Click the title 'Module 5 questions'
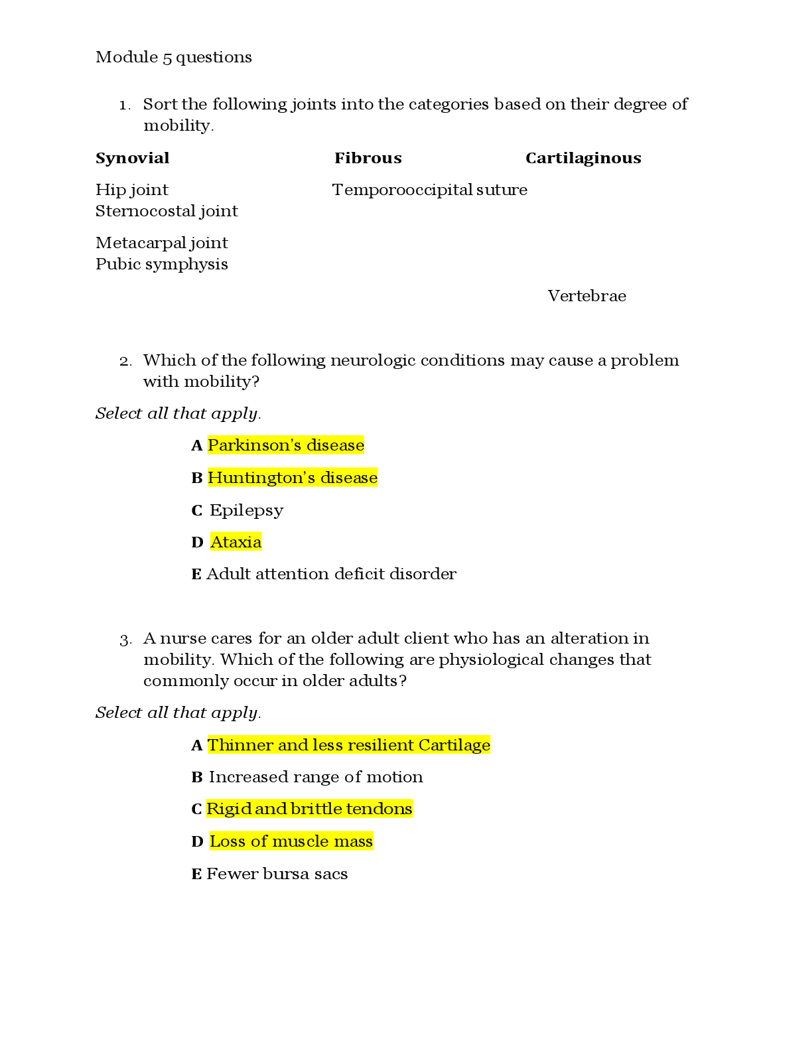174,58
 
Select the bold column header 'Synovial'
133,158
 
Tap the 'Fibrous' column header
368,158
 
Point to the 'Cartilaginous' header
583,158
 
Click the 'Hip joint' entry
132,190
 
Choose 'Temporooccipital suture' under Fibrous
430,190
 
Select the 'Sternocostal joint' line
167,212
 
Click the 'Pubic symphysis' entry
161,265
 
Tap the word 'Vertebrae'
586,296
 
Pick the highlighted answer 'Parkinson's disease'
286,445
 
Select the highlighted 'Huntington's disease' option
293,478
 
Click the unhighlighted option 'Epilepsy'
247,510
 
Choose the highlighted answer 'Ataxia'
236,542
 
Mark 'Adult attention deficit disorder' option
331,574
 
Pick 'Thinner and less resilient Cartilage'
349,745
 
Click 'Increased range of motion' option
316,777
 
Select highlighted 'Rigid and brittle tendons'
310,809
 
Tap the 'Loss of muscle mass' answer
291,841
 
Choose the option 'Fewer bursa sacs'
277,874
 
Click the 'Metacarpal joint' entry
161,244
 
